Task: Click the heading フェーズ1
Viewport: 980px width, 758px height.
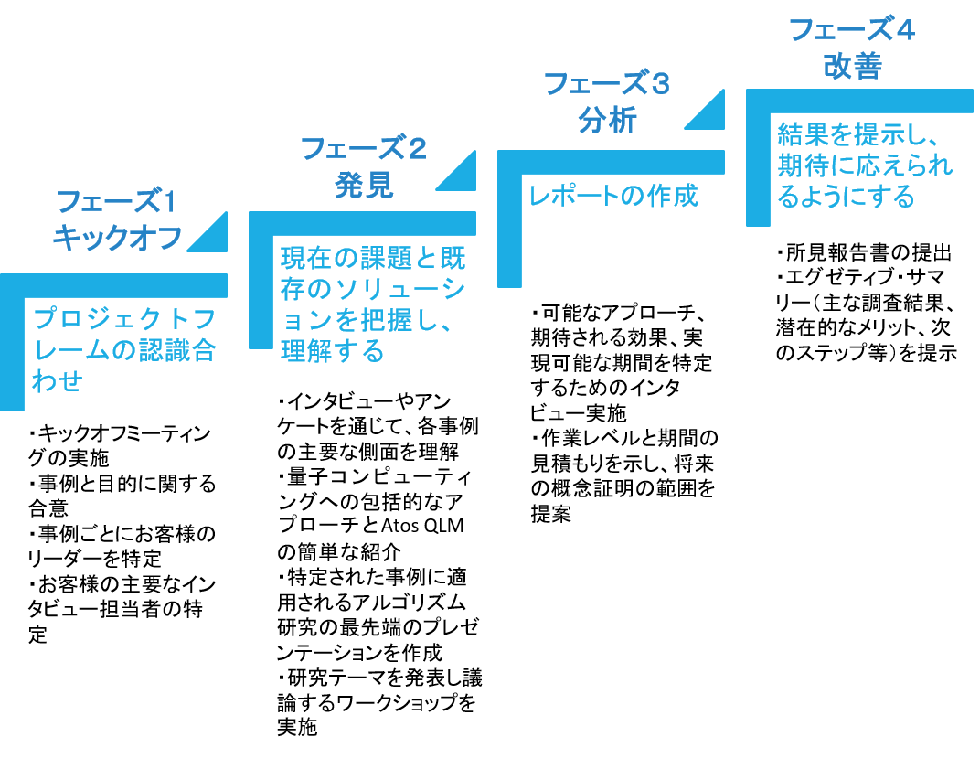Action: coord(116,201)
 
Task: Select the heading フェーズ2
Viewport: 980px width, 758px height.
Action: coord(364,148)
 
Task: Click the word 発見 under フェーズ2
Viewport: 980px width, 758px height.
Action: coord(364,185)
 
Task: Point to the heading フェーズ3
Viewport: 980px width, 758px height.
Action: coord(607,84)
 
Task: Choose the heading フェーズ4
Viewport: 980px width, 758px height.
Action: coord(852,29)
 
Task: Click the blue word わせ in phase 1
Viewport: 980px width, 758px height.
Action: coord(58,381)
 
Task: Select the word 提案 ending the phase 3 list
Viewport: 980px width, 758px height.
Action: coord(551,514)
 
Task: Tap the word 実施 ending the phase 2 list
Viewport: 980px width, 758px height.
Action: coord(297,728)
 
